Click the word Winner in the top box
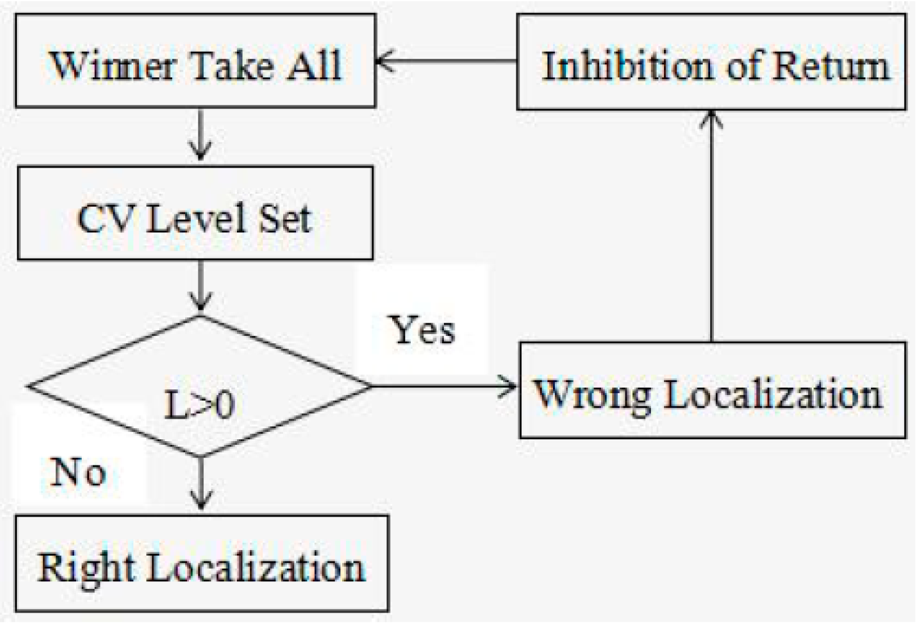[x=112, y=65]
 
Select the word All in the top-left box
[x=313, y=65]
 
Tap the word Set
[x=284, y=219]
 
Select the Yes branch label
[x=422, y=330]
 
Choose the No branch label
[x=78, y=472]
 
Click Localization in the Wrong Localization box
[x=773, y=394]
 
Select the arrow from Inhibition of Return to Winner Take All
[x=446, y=62]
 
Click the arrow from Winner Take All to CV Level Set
[x=200, y=135]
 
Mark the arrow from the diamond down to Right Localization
[x=200, y=484]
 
